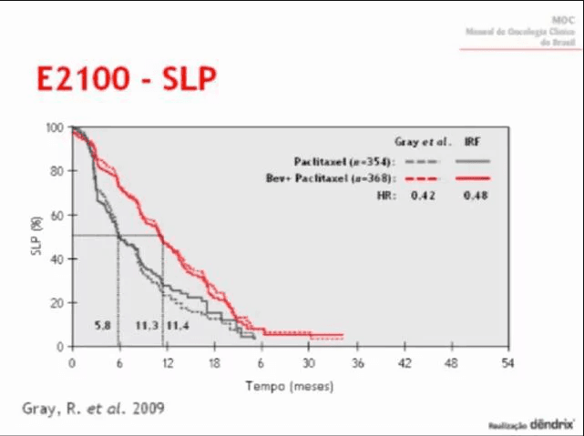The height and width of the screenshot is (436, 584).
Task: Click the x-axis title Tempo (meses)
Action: (290, 385)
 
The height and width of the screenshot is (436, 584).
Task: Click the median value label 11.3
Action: (147, 325)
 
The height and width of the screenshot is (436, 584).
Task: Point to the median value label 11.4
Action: (178, 325)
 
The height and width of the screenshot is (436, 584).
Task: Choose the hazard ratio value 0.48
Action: (473, 195)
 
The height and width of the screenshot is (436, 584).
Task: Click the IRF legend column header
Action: (473, 142)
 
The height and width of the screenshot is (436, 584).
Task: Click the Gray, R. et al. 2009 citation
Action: (93, 407)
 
